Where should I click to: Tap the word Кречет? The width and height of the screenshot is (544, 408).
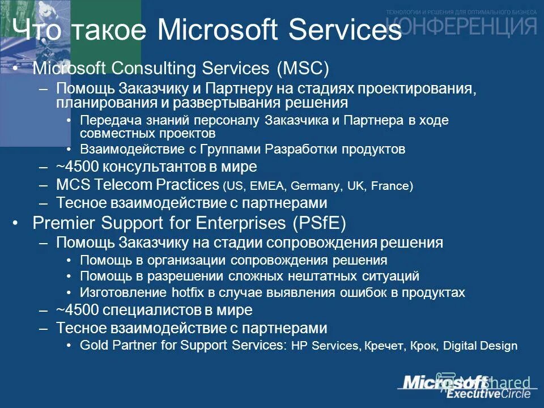[x=383, y=346]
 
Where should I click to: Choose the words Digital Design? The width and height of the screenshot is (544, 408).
[x=481, y=346]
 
